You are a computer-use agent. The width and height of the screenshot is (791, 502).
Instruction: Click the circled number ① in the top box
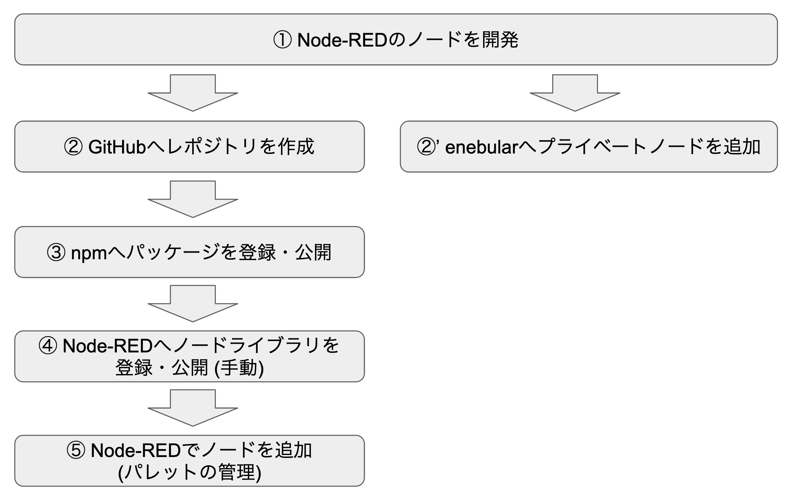pos(282,40)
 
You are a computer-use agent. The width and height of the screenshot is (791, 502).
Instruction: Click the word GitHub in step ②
pos(117,147)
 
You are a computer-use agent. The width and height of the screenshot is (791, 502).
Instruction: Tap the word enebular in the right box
pos(481,147)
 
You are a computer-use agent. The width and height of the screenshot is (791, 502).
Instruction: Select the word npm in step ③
pos(89,253)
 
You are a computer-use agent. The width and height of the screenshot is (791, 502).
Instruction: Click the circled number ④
pos(48,346)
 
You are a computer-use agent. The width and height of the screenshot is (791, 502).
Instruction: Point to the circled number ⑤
pos(76,450)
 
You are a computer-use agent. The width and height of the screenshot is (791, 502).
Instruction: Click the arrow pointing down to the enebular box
pos(575,93)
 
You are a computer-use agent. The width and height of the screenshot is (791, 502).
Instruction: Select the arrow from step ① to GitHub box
pos(193,93)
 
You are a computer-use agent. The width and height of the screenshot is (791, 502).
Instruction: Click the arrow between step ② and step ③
pos(193,199)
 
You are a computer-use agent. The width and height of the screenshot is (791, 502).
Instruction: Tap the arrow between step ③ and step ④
pos(193,304)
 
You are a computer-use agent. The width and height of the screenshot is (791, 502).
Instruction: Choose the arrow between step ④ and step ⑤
pos(193,408)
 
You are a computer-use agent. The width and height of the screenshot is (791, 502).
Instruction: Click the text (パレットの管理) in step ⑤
pos(190,472)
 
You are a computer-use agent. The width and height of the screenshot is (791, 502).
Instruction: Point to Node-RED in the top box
pos(342,40)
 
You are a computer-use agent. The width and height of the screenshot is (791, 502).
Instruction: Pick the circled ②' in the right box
pos(428,147)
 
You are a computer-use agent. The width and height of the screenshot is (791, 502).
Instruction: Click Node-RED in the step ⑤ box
pos(135,450)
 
